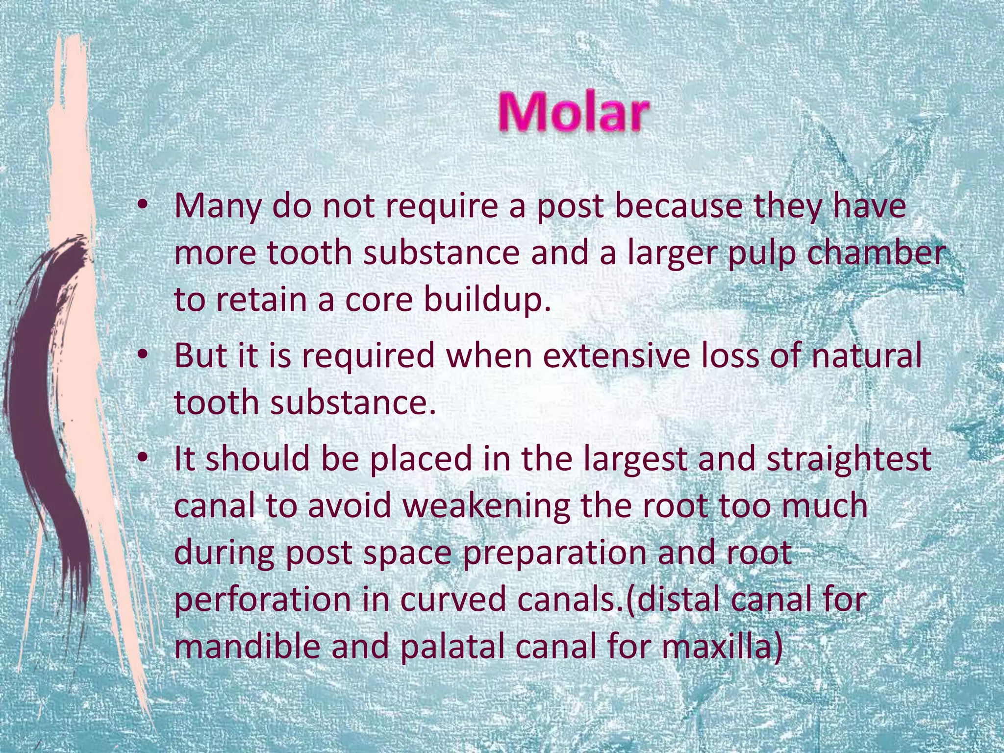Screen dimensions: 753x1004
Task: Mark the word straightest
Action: click(849, 459)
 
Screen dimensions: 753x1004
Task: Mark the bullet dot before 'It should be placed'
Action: click(143, 459)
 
